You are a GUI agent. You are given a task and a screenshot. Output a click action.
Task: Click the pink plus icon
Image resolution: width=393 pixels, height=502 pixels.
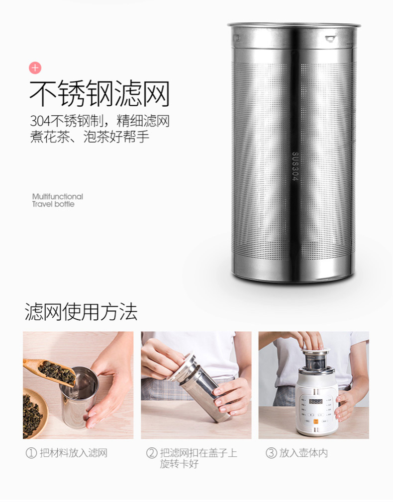tap(35, 68)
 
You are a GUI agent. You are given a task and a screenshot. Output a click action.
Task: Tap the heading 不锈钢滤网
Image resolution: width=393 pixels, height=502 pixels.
tap(99, 94)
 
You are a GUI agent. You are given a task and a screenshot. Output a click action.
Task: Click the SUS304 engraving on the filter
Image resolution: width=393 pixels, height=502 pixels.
tap(295, 166)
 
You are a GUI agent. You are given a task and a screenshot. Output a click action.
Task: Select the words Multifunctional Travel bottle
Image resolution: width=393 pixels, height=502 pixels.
tap(57, 201)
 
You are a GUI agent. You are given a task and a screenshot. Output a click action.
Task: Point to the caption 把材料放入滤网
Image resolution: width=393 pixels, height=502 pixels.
tap(74, 453)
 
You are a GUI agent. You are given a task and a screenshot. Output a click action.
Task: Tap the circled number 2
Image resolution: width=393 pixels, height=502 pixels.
tap(151, 453)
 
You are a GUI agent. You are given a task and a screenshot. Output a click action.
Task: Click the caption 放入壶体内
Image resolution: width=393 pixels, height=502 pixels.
tap(303, 453)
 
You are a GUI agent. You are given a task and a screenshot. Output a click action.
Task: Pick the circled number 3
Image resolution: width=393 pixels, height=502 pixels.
tap(271, 453)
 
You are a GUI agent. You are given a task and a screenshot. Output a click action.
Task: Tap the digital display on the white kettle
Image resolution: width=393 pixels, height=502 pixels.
tap(315, 401)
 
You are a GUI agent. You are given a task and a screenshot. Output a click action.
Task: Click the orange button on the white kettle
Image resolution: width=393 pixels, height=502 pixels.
tap(316, 422)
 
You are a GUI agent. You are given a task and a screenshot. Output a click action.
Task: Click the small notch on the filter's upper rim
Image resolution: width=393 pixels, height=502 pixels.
tap(330, 39)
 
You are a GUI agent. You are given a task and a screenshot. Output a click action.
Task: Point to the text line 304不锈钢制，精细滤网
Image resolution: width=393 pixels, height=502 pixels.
tap(100, 121)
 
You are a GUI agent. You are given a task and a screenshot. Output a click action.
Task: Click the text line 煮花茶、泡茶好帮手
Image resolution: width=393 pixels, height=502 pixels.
tap(90, 137)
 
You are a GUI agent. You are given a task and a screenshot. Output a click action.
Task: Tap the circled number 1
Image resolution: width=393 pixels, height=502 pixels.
tap(31, 453)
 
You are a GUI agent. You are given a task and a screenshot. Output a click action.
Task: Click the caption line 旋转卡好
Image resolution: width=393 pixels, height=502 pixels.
tap(179, 464)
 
